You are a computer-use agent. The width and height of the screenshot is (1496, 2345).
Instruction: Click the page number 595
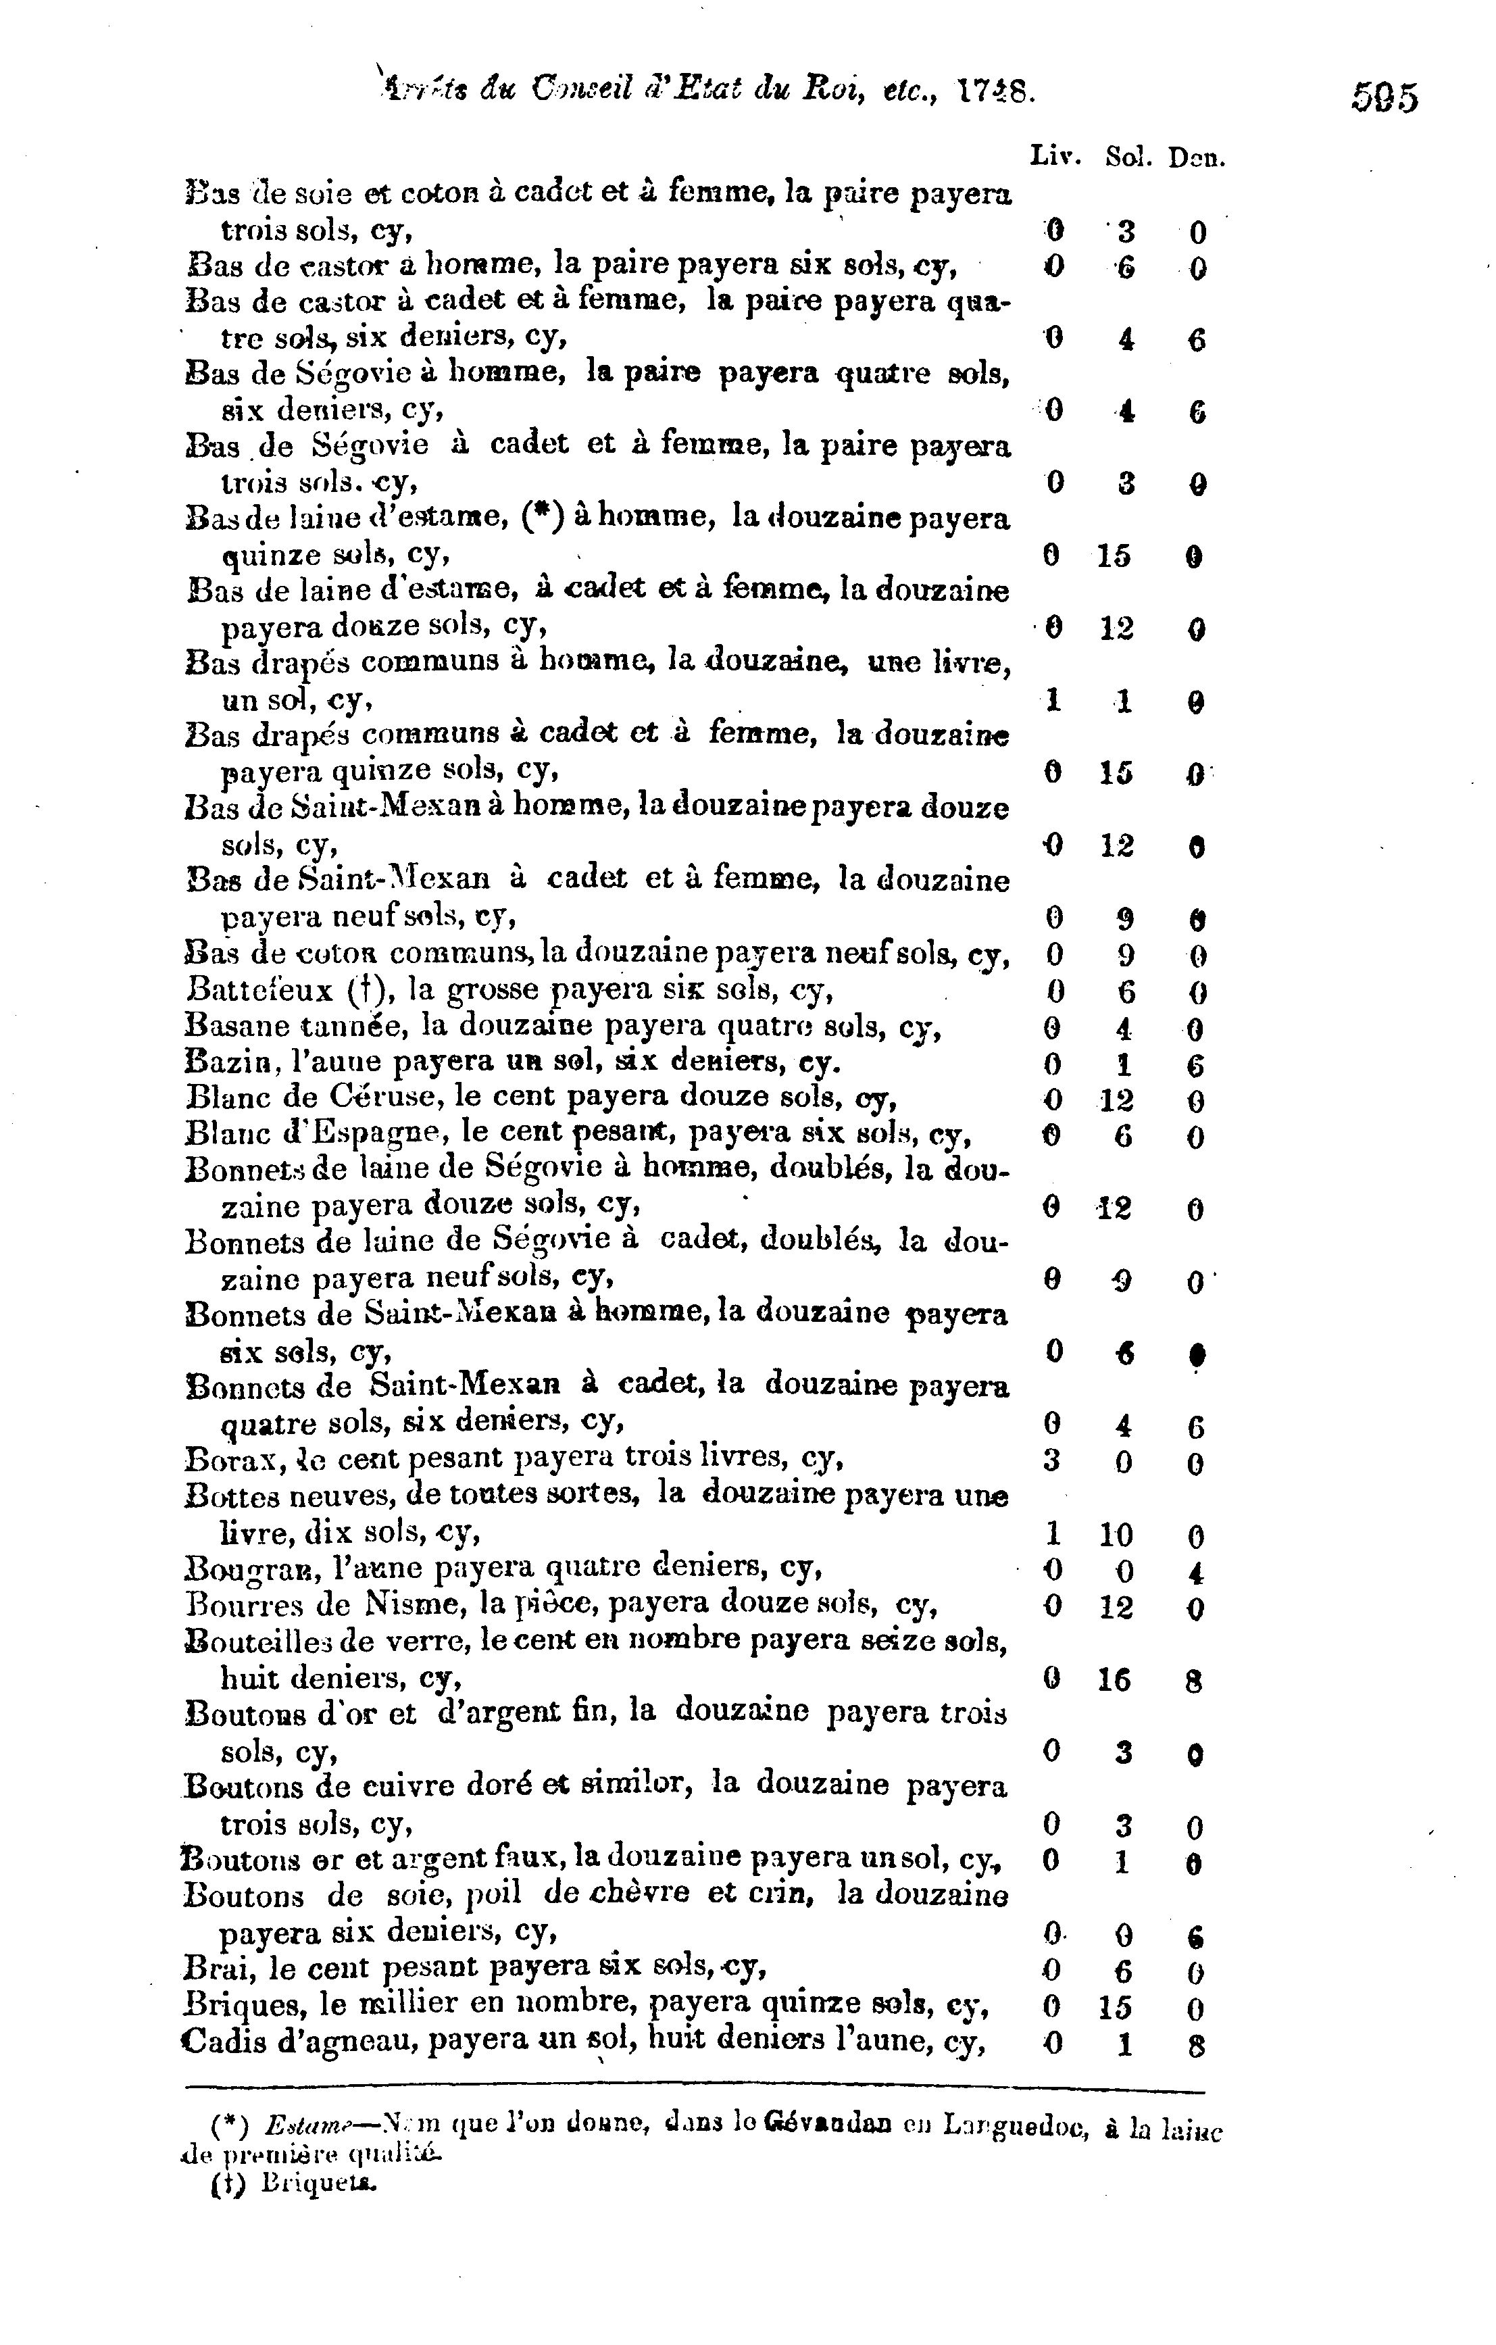1384,99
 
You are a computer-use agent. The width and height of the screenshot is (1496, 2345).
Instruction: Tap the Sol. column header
1129,157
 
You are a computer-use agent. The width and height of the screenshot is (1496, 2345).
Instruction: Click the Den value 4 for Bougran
1196,1573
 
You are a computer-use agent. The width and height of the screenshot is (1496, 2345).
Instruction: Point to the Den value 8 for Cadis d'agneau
1197,2045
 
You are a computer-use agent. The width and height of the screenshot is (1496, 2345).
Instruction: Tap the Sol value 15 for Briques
1115,2008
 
